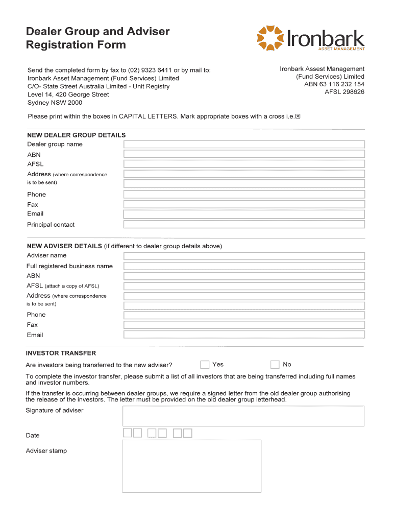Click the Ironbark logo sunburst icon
272,39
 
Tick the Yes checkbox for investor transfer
205,364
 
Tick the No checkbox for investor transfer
275,364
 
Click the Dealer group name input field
244,144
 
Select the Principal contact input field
244,224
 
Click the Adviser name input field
244,256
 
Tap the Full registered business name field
244,266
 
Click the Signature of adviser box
243,416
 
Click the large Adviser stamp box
191,466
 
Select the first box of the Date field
128,433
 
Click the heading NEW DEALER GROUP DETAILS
76,135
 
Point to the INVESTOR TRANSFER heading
61,353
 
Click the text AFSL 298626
345,92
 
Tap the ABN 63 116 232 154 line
334,84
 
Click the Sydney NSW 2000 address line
55,103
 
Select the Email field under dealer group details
244,214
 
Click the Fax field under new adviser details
244,325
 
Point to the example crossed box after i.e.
298,116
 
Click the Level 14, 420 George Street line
68,94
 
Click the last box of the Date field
188,433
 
